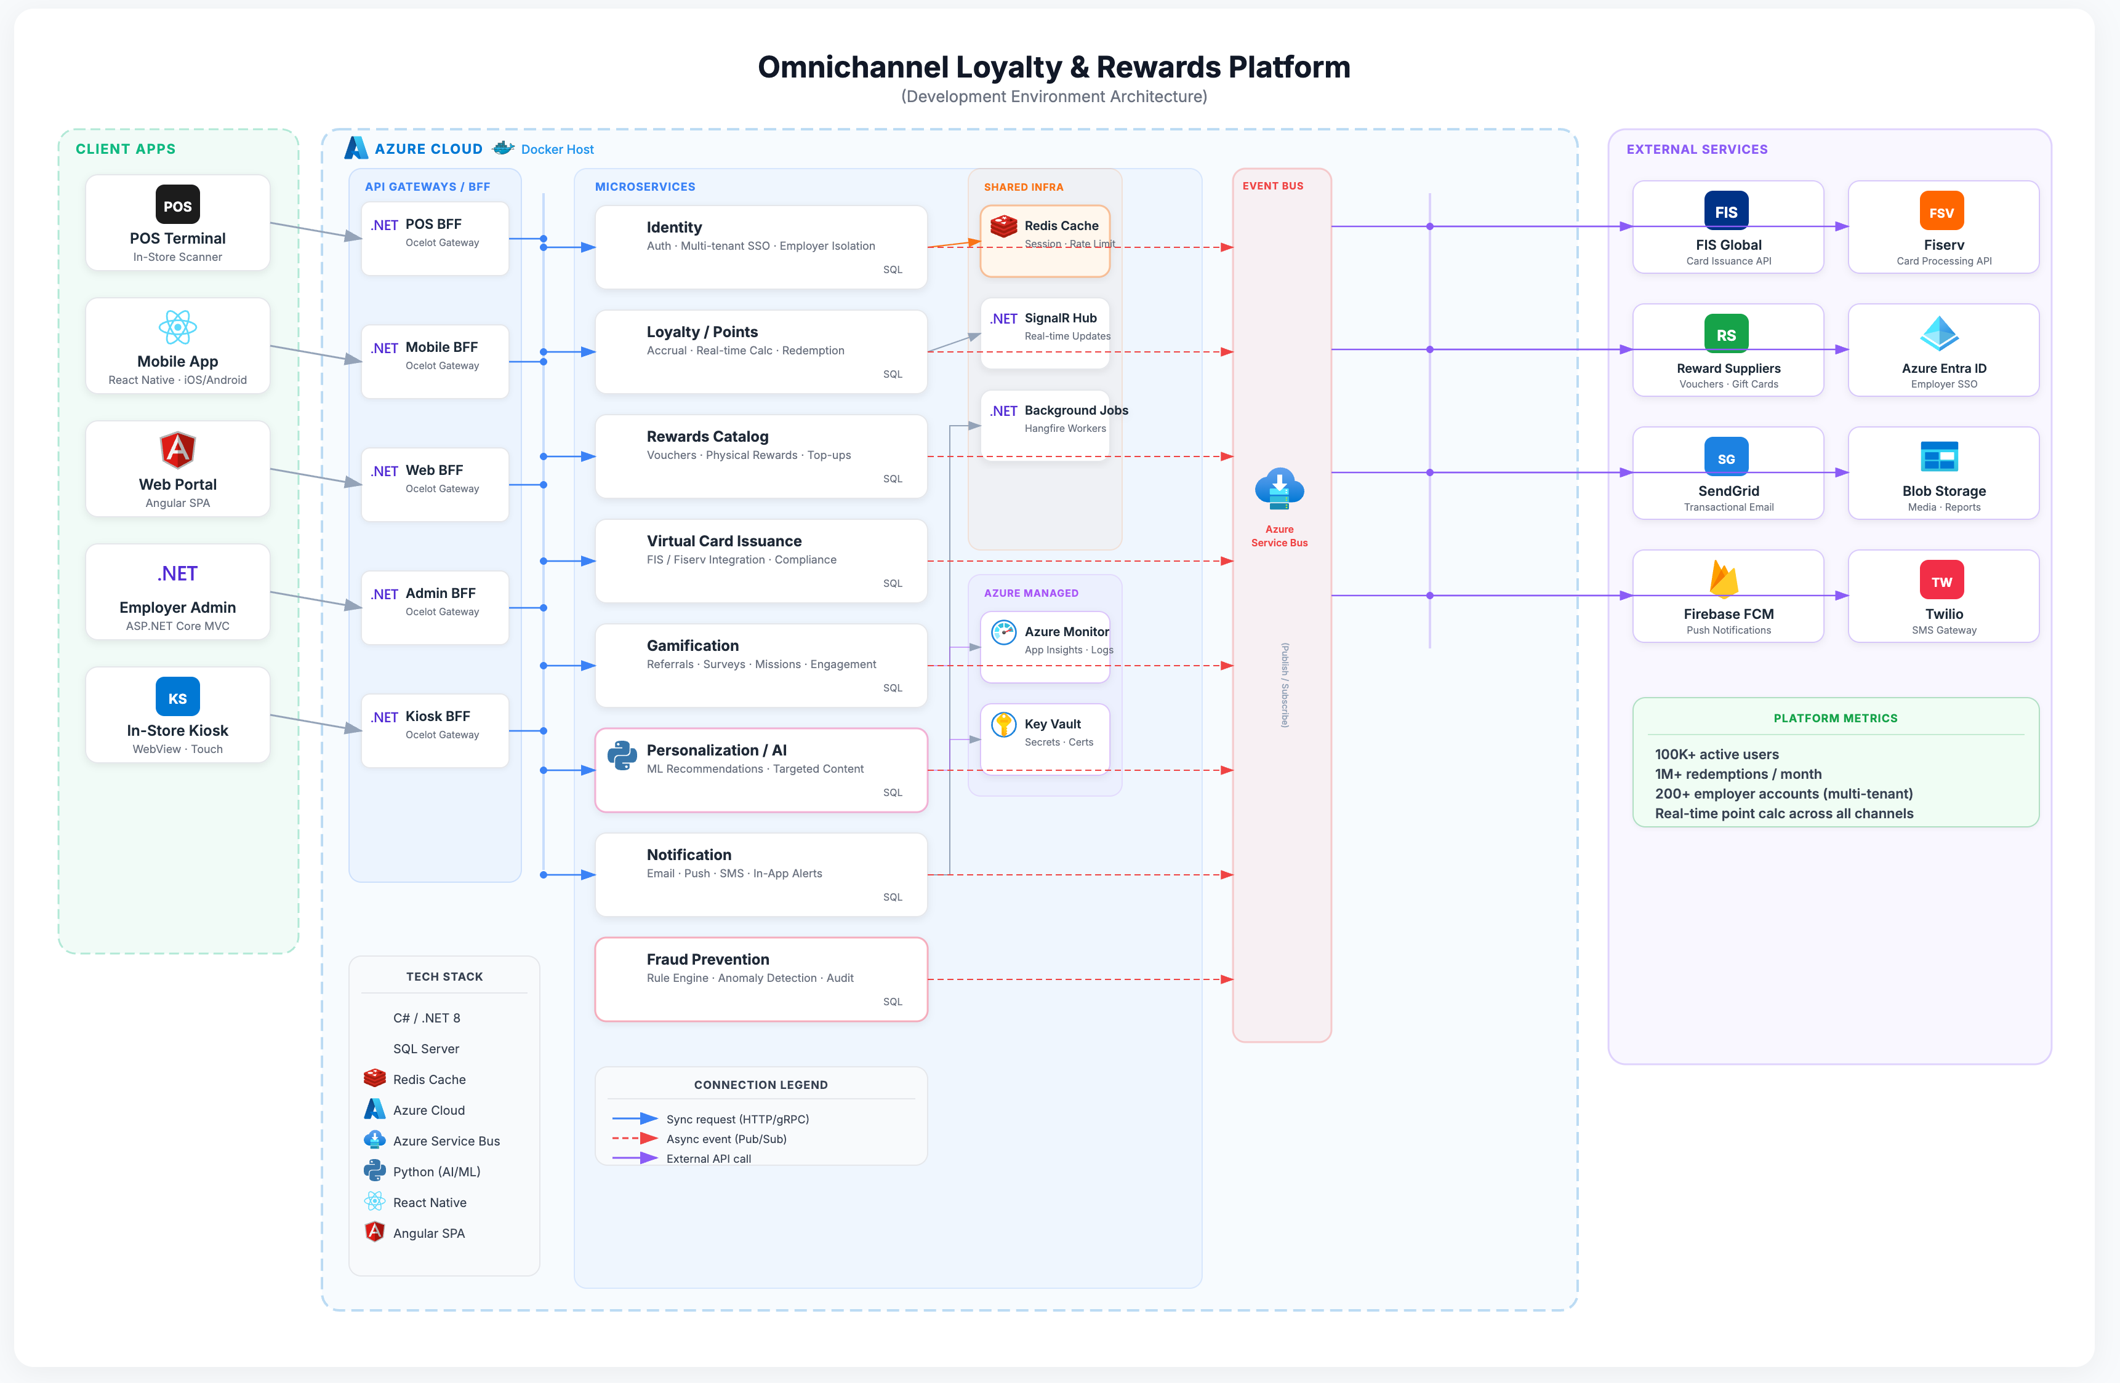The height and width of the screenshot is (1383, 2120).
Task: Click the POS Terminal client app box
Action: coord(177,223)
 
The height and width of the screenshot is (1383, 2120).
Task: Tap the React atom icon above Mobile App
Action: coord(177,327)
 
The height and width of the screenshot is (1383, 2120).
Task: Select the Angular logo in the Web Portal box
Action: coord(177,450)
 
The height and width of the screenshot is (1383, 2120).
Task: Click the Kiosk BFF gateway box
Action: coord(435,730)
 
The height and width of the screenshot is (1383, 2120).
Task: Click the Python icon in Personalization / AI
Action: coord(621,755)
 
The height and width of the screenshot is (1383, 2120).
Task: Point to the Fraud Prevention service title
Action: coord(707,959)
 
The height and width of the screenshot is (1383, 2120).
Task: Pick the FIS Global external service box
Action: coord(1727,227)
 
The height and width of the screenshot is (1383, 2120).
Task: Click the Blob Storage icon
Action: coord(1939,457)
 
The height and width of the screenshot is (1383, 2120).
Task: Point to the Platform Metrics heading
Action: coord(1835,718)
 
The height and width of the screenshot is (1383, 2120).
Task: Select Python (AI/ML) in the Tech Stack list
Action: coord(436,1171)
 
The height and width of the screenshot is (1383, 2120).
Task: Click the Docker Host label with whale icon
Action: coord(544,149)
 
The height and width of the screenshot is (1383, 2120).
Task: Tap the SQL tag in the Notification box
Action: coord(892,897)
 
